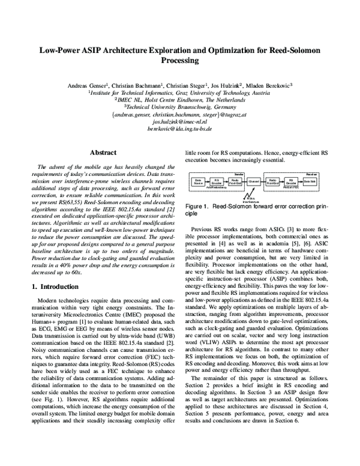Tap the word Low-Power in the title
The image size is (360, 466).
(x=62, y=50)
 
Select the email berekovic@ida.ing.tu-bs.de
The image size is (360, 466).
(x=180, y=129)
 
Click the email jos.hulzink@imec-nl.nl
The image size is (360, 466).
(x=180, y=121)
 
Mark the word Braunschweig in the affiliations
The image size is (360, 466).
(x=194, y=107)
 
